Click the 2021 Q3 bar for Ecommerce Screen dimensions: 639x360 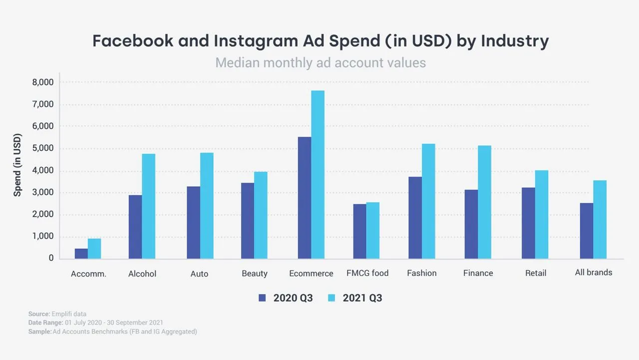318,175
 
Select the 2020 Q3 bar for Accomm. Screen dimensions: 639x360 81,254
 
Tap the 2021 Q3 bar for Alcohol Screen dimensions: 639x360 149,206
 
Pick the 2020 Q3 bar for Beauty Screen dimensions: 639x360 248,221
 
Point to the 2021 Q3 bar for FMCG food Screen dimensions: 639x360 373,231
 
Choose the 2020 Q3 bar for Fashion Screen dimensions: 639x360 415,218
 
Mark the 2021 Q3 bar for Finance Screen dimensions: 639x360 485,202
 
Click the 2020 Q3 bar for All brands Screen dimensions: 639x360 587,231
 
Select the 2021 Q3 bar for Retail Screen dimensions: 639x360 542,215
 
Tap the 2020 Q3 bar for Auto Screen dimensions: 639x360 193,223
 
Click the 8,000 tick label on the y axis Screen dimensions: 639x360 43,82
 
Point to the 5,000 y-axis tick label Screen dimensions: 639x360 43,148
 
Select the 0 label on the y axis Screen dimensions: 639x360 51,258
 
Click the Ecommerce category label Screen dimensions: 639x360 311,273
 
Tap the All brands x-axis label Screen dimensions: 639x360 594,273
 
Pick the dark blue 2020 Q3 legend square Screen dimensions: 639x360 262,298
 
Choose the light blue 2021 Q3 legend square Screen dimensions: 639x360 331,298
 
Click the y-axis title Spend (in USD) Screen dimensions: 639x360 17,165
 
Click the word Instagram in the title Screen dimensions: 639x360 256,41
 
